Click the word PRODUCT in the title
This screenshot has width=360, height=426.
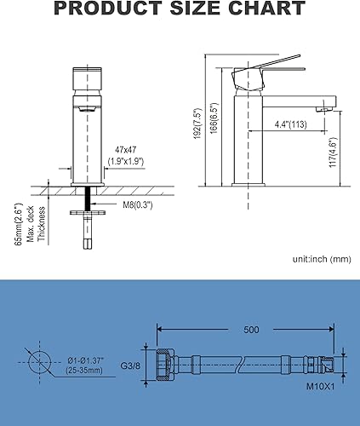pyautogui.click(x=108, y=8)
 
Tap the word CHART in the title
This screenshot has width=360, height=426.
pyautogui.click(x=266, y=8)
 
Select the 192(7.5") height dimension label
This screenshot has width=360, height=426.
pyautogui.click(x=197, y=124)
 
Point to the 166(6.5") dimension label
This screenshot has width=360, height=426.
pyautogui.click(x=214, y=118)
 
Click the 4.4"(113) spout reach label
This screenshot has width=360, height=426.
pyautogui.click(x=290, y=124)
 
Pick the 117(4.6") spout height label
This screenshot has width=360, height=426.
pyautogui.click(x=334, y=152)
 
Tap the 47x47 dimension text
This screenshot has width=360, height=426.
pyautogui.click(x=125, y=150)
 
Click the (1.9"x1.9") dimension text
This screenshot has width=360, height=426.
pyautogui.click(x=126, y=161)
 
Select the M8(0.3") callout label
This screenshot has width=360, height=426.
pyautogui.click(x=138, y=204)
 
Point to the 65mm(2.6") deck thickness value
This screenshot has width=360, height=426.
pyautogui.click(x=18, y=224)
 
